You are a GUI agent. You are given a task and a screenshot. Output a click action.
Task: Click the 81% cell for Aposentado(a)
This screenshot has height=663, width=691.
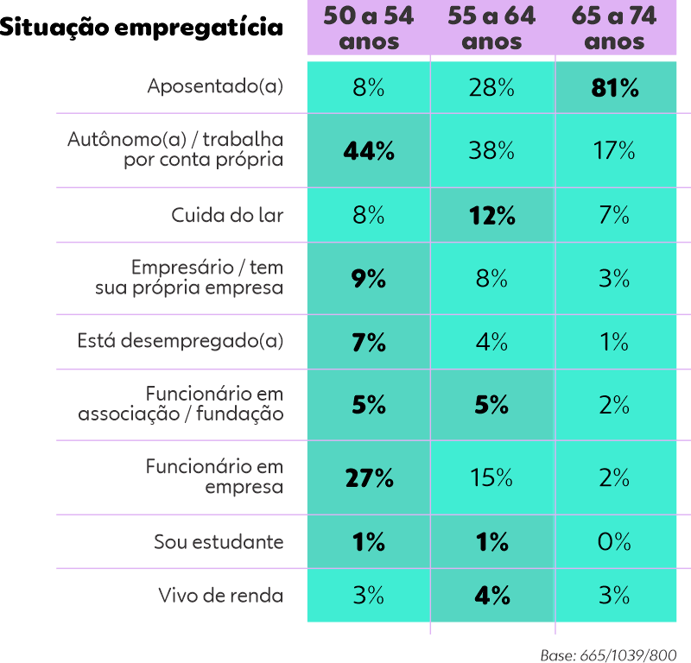point(615,87)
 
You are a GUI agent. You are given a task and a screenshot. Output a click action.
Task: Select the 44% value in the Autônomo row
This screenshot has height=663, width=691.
point(369,151)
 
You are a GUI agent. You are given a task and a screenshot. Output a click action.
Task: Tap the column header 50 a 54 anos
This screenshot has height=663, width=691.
point(369,28)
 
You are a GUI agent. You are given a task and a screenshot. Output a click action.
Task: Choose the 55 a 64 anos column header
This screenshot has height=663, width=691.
point(492,28)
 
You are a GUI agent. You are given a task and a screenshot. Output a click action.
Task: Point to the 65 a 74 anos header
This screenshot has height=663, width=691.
point(615,28)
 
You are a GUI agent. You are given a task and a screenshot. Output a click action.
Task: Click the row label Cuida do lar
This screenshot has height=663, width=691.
point(227,215)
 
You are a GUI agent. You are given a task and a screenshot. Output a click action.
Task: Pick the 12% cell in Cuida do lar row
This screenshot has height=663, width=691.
point(492,215)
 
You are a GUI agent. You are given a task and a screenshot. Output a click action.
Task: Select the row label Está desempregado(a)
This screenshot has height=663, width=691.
point(181,342)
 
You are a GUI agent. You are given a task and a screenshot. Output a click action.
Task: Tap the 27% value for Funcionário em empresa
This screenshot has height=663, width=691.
point(369,477)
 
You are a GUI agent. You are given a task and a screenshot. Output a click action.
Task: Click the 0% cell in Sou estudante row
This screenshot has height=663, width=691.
point(615,541)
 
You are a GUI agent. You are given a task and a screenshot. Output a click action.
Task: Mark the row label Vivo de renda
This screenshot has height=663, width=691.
point(221,595)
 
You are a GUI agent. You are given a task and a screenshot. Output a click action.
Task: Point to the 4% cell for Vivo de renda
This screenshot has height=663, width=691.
point(492,595)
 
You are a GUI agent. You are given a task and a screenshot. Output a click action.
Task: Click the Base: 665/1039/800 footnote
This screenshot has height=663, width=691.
point(608,654)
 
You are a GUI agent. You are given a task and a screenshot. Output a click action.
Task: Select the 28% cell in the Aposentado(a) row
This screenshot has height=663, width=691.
point(492,87)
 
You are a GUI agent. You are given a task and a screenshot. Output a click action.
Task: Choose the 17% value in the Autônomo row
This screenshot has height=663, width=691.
point(615,151)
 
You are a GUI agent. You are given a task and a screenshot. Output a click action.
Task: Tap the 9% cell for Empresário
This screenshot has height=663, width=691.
point(369,279)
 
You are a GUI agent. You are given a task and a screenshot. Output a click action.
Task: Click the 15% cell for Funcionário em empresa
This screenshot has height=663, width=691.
point(492,477)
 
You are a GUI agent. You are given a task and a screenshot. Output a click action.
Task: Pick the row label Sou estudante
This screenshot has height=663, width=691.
point(219,541)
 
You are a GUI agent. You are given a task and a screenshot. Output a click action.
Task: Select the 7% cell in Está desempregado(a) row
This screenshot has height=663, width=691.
point(369,342)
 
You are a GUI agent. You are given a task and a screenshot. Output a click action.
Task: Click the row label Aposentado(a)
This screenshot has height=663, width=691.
point(215,87)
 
